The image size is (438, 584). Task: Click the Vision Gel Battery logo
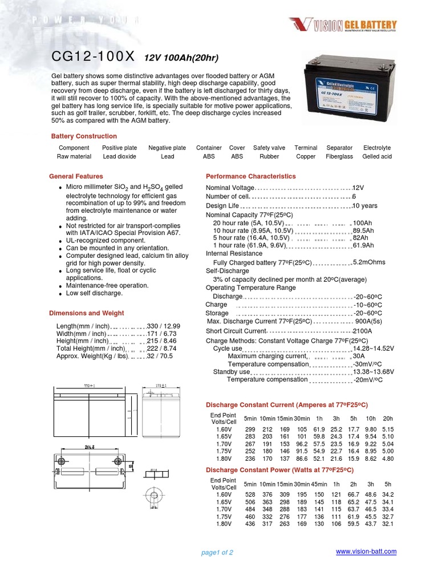342,25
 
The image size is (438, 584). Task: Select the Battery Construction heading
84,136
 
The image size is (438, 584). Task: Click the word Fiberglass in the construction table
339,156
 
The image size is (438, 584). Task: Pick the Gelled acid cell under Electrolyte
377,156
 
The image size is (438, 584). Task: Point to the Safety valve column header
269,148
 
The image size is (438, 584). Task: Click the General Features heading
76,176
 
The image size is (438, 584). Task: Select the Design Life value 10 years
365,206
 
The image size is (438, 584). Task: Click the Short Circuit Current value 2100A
363,331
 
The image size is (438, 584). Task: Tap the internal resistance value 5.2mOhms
369,262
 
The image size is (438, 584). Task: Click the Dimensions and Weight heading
87,313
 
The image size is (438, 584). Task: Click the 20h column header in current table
388,419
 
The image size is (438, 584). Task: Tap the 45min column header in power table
319,484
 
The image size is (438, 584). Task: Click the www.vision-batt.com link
366,551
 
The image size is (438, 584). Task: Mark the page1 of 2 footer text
217,552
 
